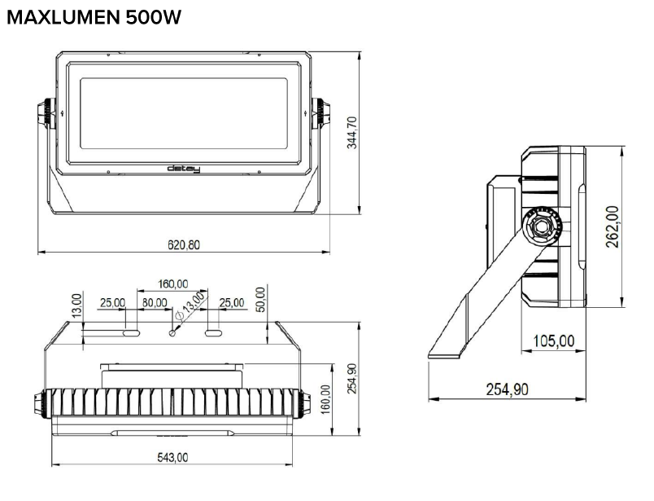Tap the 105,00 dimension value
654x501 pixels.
(553, 341)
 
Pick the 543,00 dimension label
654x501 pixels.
(172, 458)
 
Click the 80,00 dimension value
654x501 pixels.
(155, 303)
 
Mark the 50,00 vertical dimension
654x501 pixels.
(260, 299)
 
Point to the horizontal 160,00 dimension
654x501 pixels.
(172, 283)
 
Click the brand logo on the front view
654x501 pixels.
(183, 169)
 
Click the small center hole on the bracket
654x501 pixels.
(172, 332)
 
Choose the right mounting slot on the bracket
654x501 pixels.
(214, 332)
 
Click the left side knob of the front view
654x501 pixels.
(45, 114)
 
